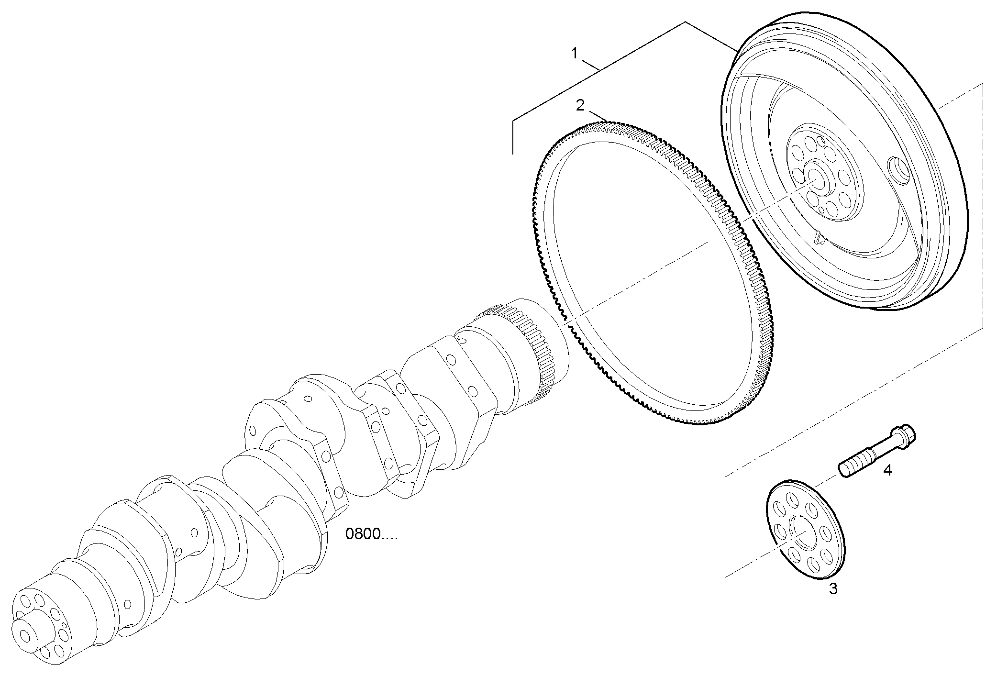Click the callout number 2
[580, 105]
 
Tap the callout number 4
[887, 470]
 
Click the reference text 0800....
[371, 534]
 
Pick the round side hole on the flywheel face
[897, 170]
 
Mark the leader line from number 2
[598, 116]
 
